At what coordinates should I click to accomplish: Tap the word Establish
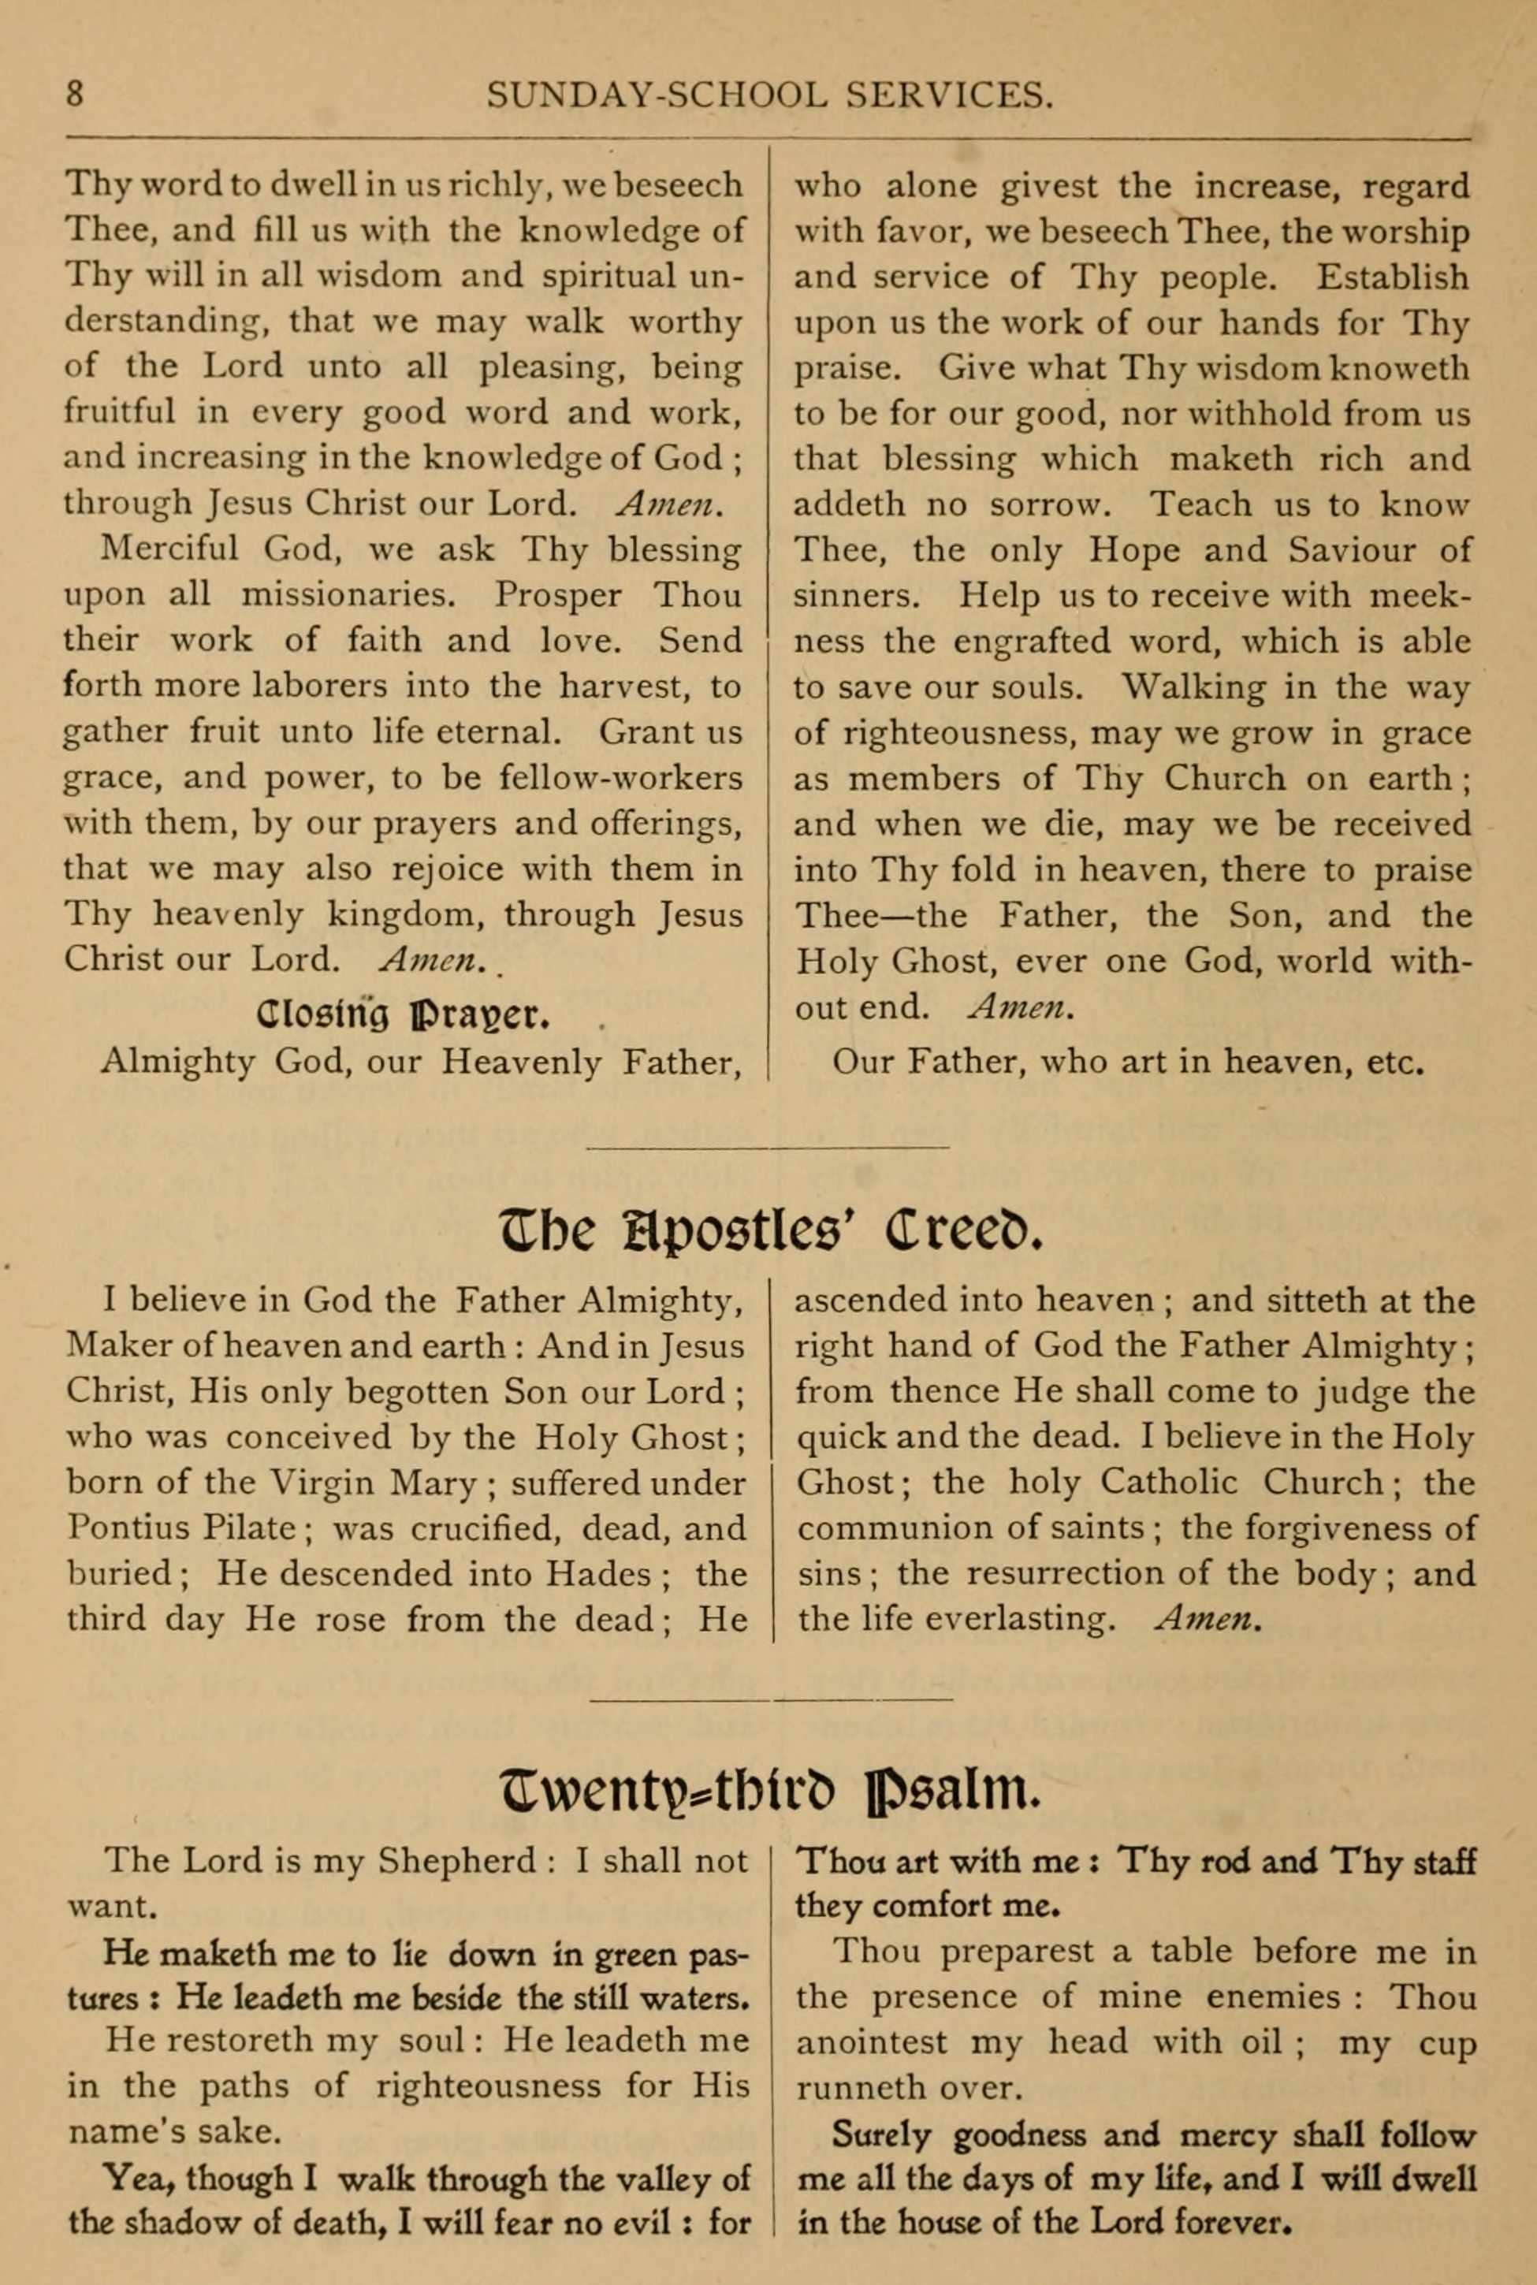click(1392, 277)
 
